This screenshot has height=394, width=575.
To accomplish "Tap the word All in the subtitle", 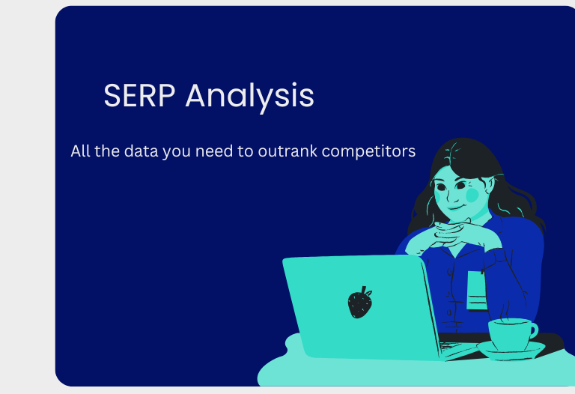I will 80,151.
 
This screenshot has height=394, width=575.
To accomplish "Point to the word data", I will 141,151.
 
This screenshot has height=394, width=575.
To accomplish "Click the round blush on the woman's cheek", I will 472,194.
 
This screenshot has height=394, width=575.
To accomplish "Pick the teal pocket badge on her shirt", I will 476,290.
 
